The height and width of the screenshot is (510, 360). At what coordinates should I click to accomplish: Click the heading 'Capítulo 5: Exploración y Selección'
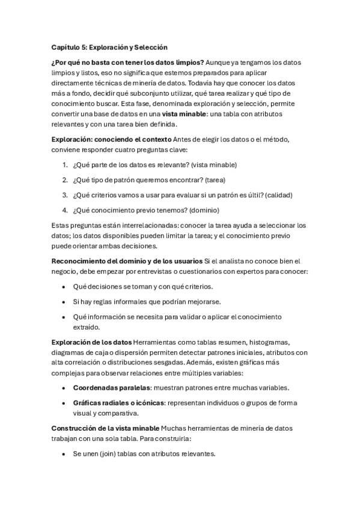(x=109, y=47)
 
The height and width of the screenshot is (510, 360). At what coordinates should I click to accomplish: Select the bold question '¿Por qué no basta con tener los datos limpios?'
(x=128, y=63)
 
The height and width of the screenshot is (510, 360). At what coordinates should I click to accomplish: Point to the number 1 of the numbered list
(x=64, y=165)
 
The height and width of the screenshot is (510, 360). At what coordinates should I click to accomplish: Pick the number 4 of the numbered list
(x=64, y=210)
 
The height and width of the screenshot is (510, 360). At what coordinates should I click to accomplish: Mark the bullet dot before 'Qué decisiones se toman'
(x=64, y=287)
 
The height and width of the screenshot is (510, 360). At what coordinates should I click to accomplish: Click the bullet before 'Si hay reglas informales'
(x=64, y=301)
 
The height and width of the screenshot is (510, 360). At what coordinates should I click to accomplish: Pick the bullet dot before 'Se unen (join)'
(x=64, y=454)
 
